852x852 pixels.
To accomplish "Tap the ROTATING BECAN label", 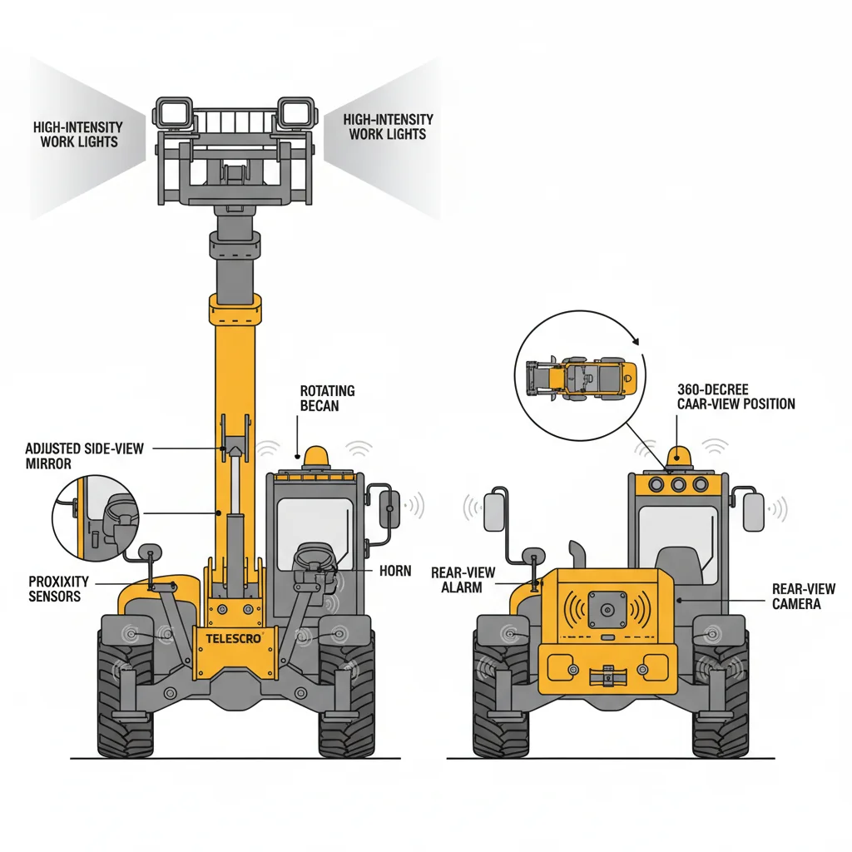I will (327, 398).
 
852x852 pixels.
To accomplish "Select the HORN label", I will (395, 572).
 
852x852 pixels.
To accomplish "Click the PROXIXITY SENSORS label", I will (55, 588).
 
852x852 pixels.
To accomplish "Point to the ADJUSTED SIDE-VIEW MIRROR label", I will (84, 455).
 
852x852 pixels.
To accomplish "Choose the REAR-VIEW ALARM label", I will (463, 580).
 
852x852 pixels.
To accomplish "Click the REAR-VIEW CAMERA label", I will (803, 596).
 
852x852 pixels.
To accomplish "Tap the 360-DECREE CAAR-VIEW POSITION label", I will (736, 396).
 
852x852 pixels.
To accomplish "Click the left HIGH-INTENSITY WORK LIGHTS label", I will (78, 134).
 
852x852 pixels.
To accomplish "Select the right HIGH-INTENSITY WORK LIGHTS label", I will (388, 126).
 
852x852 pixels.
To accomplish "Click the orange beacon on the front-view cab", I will (316, 456).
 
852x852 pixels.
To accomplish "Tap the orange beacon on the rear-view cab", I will (676, 456).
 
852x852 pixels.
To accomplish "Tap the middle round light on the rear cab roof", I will (677, 485).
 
